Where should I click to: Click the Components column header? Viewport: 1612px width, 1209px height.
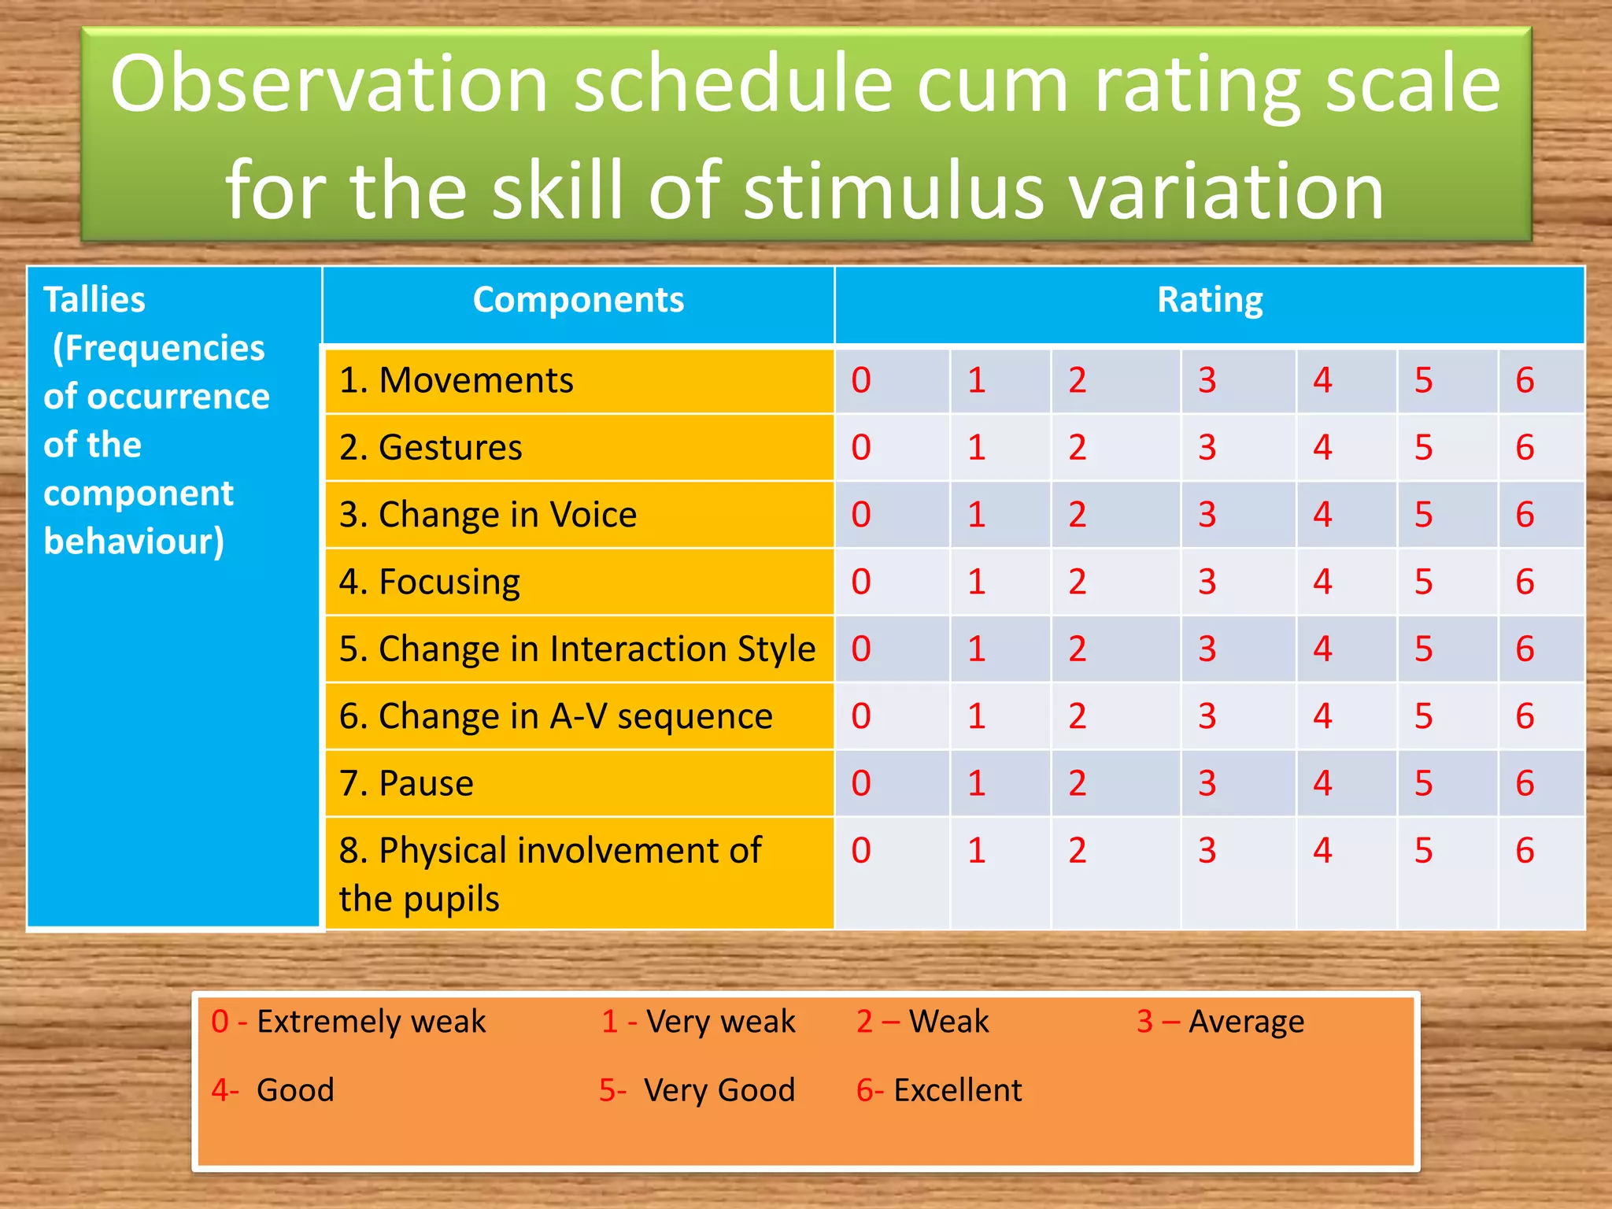click(x=578, y=300)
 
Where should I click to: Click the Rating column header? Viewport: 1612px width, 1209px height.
click(x=1209, y=300)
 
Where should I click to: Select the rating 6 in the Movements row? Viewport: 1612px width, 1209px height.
click(x=1525, y=380)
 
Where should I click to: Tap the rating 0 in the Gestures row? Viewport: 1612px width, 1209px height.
click(x=861, y=447)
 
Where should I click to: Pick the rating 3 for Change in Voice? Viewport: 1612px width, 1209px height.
click(x=1207, y=515)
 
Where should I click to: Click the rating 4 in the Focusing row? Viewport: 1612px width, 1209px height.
click(x=1322, y=582)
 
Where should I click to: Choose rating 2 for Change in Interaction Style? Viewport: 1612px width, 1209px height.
click(x=1077, y=649)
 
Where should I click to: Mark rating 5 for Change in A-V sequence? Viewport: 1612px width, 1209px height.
click(x=1423, y=716)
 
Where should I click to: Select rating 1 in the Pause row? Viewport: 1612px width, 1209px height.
click(x=976, y=783)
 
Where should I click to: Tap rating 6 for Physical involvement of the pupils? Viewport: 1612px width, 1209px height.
click(x=1525, y=850)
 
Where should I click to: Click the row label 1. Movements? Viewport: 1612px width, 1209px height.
click(x=457, y=380)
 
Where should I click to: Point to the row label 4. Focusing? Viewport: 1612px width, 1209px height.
click(x=430, y=582)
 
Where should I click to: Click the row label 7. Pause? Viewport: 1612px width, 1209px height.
click(x=406, y=783)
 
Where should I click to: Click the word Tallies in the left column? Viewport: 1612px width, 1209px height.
click(x=94, y=300)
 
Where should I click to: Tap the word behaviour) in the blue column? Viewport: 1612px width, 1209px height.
click(x=134, y=542)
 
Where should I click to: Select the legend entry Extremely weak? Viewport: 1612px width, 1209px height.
click(x=371, y=1022)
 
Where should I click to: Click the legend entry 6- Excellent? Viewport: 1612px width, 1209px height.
click(x=939, y=1090)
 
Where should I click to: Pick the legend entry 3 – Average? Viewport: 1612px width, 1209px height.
click(x=1220, y=1022)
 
